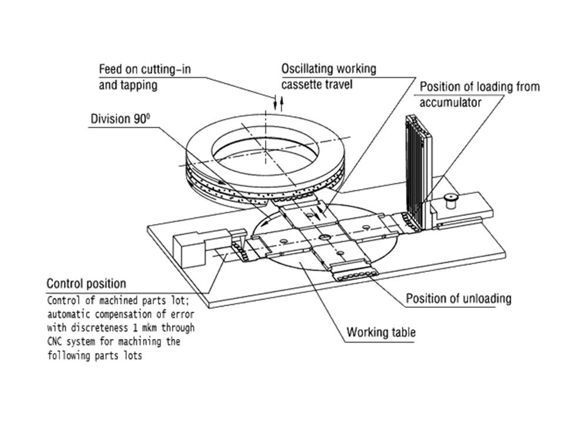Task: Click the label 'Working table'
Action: (x=381, y=333)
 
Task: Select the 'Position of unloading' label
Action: (x=458, y=298)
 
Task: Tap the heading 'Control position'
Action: (x=86, y=284)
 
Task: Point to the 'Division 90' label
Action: (x=120, y=119)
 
